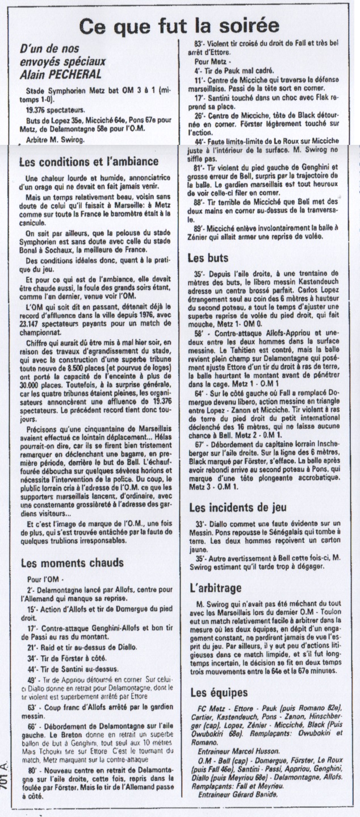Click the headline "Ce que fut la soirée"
pos(179,26)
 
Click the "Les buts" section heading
pos(210,257)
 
